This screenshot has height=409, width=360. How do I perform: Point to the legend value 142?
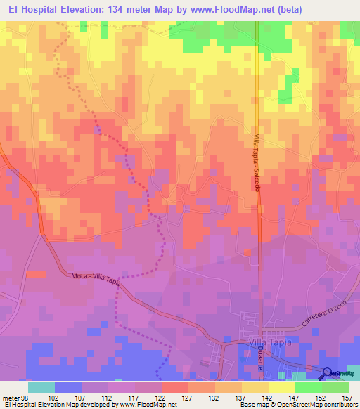pos(266,397)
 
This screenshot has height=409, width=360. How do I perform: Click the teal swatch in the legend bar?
pos(41,387)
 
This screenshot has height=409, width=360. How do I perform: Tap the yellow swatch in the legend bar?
pos(281,387)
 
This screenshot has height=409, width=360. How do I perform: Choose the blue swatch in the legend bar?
pos(68,387)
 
